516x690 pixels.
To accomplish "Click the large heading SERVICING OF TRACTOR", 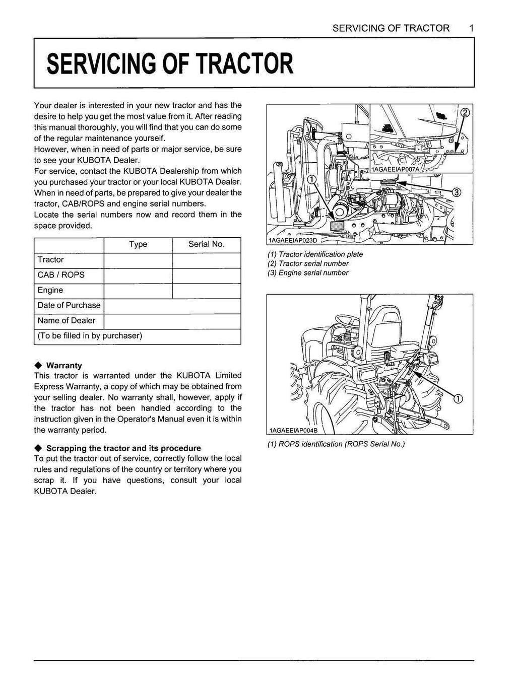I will click(x=169, y=64).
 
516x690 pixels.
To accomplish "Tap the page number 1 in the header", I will click(x=471, y=28).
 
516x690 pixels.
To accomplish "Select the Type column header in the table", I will click(x=138, y=244).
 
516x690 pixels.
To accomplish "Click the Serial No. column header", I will click(x=206, y=244).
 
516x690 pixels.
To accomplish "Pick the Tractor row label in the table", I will click(x=50, y=260).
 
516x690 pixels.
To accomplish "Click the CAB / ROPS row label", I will click(x=61, y=275).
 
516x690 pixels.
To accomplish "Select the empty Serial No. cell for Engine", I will click(x=206, y=291).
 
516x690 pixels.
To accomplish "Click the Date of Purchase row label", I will click(x=69, y=305).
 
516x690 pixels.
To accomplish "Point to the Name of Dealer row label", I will click(x=66, y=320).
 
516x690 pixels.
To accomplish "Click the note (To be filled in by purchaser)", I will click(x=90, y=335).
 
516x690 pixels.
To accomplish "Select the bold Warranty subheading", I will click(x=63, y=366).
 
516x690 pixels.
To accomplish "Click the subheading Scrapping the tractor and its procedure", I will click(x=123, y=448).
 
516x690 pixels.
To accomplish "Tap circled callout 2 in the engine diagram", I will click(x=465, y=112).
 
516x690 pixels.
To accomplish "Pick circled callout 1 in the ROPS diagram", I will click(x=458, y=399).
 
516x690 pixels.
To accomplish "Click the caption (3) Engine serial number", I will click(x=308, y=273).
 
